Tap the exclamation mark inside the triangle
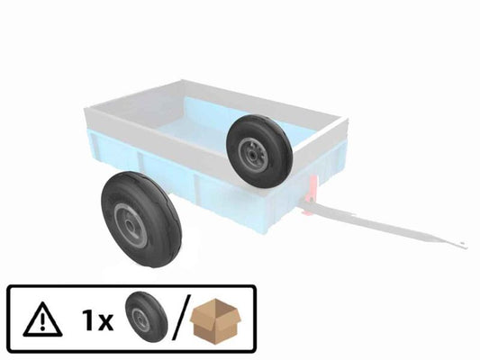point(40,319)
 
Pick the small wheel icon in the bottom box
point(141,316)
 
